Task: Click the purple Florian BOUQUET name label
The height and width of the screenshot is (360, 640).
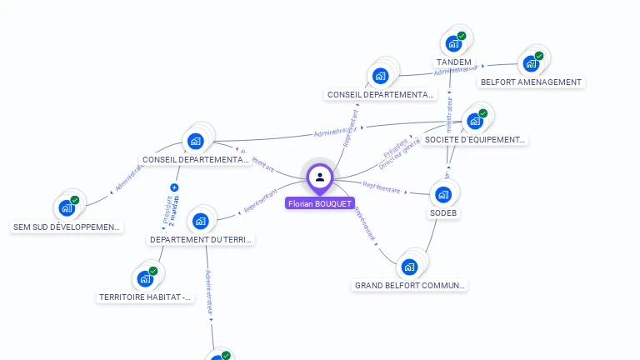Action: pyautogui.click(x=320, y=203)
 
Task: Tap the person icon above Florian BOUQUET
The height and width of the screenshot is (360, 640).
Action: pyautogui.click(x=320, y=177)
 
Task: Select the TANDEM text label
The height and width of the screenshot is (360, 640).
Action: pyautogui.click(x=453, y=62)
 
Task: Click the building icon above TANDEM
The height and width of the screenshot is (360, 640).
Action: pyautogui.click(x=454, y=43)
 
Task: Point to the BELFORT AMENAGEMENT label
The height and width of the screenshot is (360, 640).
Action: pyautogui.click(x=531, y=82)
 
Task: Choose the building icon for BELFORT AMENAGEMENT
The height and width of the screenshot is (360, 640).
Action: pyautogui.click(x=530, y=63)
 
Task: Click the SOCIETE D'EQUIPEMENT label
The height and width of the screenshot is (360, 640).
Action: pyautogui.click(x=475, y=140)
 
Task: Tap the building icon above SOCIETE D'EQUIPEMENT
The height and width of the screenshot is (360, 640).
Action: pyautogui.click(x=475, y=121)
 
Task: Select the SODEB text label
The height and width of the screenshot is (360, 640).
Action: pyautogui.click(x=443, y=213)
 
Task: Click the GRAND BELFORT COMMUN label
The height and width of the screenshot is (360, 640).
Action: pyautogui.click(x=409, y=286)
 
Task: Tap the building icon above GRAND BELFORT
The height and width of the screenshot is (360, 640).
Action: pyautogui.click(x=408, y=267)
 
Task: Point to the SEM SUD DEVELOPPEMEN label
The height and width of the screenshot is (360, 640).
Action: pyautogui.click(x=67, y=227)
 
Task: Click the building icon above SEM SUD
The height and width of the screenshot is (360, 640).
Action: pyautogui.click(x=67, y=208)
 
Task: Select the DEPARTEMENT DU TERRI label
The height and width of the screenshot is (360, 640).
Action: pyautogui.click(x=201, y=240)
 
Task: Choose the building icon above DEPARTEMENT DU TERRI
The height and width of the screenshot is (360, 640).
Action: pyautogui.click(x=200, y=221)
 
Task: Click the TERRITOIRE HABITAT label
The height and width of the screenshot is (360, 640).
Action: pyautogui.click(x=146, y=297)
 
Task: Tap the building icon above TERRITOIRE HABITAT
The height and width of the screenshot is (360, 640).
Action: pyautogui.click(x=145, y=278)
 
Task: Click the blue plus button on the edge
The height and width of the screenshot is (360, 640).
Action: pyautogui.click(x=174, y=187)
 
